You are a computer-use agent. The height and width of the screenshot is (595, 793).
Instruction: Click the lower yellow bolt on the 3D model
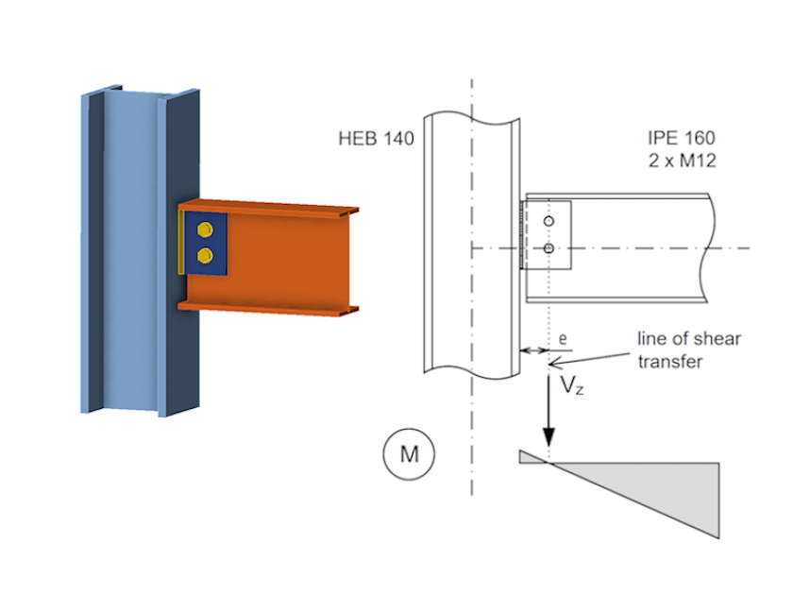(x=204, y=255)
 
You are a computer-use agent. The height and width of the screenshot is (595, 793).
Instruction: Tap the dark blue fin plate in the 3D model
(x=218, y=243)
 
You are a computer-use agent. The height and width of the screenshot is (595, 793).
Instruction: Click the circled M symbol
(x=409, y=454)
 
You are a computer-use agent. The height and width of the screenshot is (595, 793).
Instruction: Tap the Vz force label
(x=569, y=385)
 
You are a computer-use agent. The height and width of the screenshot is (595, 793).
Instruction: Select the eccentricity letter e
(x=563, y=336)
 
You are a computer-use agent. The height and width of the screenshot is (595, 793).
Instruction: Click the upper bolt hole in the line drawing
(x=548, y=222)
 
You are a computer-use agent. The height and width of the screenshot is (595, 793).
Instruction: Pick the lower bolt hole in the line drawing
(x=548, y=248)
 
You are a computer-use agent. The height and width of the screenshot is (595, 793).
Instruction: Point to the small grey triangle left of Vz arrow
(x=531, y=458)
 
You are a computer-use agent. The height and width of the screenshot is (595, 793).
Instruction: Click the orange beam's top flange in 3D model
(x=274, y=208)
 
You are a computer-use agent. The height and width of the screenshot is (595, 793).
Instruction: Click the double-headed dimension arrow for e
(x=535, y=350)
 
